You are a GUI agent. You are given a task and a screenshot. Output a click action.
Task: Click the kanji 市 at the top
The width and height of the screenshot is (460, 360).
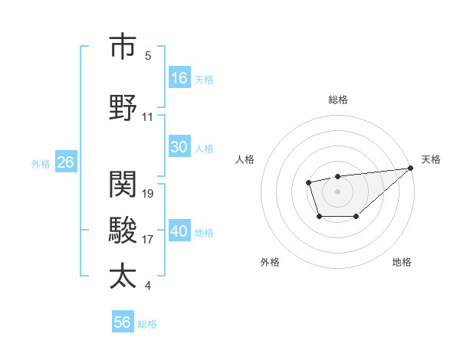coord(123,47)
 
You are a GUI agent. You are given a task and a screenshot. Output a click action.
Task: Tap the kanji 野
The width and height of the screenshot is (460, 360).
coord(123,107)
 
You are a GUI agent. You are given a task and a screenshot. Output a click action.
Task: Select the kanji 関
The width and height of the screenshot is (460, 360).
coord(123,184)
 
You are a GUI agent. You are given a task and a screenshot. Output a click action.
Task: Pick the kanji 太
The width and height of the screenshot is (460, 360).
coord(123,276)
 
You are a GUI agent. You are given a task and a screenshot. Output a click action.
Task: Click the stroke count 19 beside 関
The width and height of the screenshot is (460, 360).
coord(148,194)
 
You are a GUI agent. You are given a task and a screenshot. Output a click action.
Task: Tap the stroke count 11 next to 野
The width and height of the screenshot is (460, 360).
coord(148,117)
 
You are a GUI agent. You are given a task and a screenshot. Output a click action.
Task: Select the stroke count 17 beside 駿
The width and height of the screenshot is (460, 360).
coord(148,240)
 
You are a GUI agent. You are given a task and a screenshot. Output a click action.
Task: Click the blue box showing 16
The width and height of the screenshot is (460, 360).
coord(179,78)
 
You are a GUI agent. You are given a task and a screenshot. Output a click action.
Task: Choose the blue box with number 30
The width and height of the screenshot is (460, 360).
coord(179,147)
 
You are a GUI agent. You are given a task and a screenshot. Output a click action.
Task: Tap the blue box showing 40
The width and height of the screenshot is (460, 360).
coord(179,231)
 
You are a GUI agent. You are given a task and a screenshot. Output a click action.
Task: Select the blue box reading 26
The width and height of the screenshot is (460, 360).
coord(65,162)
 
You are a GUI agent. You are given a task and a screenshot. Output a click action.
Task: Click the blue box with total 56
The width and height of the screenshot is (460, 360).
coord(122,322)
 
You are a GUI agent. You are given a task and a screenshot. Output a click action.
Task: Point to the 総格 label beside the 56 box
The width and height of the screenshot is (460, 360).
coord(147,324)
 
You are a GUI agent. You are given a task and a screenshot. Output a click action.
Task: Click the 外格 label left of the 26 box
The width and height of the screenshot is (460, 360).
coord(41,163)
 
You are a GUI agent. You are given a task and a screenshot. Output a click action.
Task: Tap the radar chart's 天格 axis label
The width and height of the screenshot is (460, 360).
coord(431,159)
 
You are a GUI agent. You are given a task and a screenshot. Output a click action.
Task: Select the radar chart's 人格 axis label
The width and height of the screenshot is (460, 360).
coord(245,159)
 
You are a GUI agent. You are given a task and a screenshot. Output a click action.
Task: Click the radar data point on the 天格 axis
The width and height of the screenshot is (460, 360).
coord(410,169)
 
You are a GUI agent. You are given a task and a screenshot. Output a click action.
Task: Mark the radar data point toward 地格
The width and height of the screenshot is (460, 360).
coord(356,217)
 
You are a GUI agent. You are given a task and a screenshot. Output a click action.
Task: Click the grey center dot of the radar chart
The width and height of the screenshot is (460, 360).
coord(337,191)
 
